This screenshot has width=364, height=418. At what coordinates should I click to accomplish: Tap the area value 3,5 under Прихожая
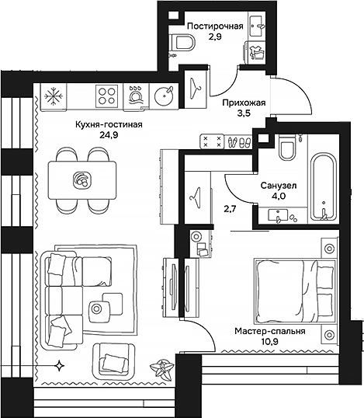232,117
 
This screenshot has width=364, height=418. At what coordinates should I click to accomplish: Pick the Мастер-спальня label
269,330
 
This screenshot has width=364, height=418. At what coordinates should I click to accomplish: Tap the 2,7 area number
230,208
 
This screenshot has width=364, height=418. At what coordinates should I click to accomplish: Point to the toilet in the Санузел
286,148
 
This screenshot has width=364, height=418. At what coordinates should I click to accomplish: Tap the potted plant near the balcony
163,368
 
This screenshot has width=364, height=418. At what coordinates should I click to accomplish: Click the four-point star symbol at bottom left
60,365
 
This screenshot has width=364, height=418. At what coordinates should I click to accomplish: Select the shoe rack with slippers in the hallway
224,142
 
